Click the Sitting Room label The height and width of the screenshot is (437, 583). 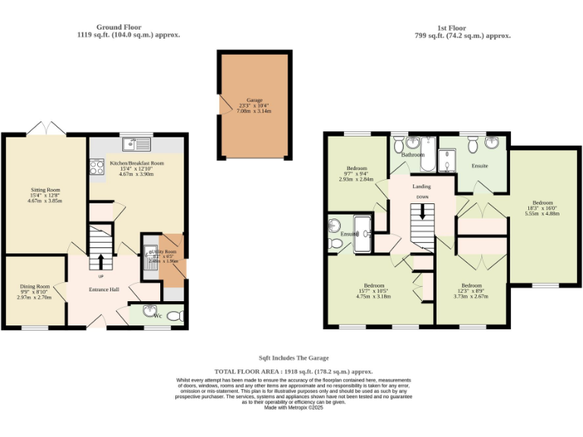(x=44, y=190)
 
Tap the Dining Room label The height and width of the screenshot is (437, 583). (x=34, y=287)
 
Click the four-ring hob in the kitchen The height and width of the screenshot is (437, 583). (x=96, y=165)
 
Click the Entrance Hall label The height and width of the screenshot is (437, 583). (x=104, y=290)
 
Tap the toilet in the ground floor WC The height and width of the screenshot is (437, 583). (x=174, y=315)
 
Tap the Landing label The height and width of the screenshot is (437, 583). (x=421, y=186)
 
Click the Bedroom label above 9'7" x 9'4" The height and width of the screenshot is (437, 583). (x=357, y=168)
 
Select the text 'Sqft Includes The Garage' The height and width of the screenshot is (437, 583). (x=294, y=357)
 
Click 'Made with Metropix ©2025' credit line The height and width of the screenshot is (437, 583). (x=294, y=407)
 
